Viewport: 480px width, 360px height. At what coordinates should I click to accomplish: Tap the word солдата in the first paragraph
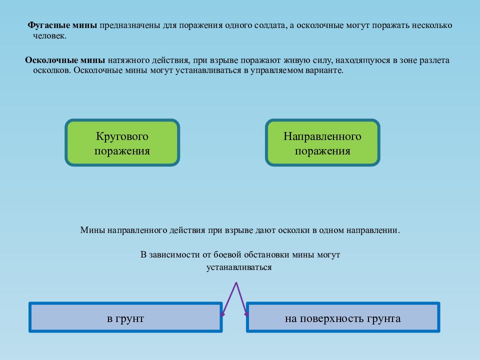click(x=270, y=25)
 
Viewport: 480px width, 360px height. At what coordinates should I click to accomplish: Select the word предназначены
click(x=129, y=25)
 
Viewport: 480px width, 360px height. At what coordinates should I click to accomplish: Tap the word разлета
click(x=434, y=60)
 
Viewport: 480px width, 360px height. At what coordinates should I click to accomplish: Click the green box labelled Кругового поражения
click(x=122, y=142)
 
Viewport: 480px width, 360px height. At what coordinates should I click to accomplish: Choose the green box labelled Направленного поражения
click(x=322, y=142)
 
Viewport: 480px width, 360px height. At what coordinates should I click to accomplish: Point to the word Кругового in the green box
click(x=122, y=136)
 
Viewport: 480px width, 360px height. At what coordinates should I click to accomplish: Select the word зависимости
click(x=177, y=255)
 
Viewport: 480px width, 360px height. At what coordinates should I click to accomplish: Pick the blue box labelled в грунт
click(x=125, y=317)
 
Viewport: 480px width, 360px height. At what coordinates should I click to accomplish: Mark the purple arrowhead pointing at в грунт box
click(x=222, y=314)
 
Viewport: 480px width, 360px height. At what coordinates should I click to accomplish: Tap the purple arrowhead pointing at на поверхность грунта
click(x=246, y=314)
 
